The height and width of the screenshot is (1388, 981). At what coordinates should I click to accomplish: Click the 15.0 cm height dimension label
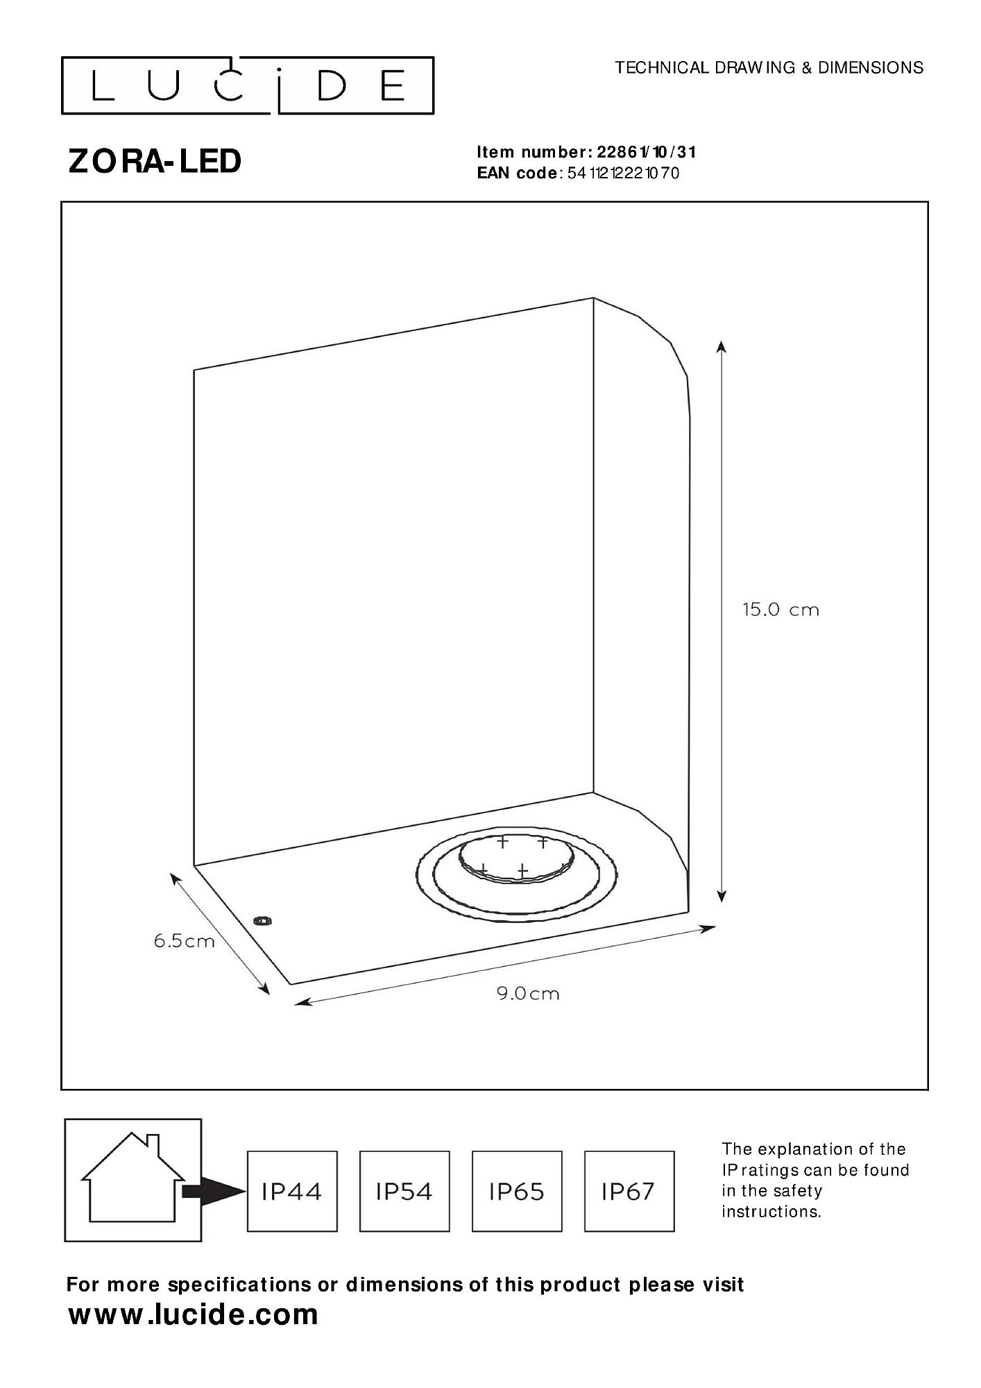click(780, 610)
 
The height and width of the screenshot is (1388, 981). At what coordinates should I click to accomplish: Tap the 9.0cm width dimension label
click(527, 993)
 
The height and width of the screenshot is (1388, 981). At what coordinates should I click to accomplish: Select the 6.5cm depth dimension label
click(184, 941)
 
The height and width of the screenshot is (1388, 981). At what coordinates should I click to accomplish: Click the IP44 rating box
click(292, 1192)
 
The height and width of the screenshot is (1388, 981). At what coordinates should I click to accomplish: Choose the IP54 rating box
click(404, 1192)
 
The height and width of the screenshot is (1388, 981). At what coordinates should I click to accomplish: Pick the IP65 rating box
click(517, 1192)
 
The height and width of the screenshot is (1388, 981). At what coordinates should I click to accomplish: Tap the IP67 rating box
click(629, 1192)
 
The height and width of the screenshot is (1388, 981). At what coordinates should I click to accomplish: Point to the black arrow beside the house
click(215, 1191)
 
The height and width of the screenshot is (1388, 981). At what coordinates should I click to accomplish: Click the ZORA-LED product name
click(155, 161)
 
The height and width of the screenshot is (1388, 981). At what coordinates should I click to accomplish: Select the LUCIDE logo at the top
click(248, 85)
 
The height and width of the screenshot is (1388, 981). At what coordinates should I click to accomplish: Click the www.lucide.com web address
click(193, 1315)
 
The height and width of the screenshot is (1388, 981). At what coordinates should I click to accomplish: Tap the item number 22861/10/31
click(646, 152)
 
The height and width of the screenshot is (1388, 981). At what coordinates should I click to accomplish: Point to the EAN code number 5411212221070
click(623, 173)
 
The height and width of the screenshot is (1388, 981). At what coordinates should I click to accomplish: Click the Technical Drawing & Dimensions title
click(769, 67)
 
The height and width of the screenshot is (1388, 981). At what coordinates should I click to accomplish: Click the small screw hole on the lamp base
click(262, 922)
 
